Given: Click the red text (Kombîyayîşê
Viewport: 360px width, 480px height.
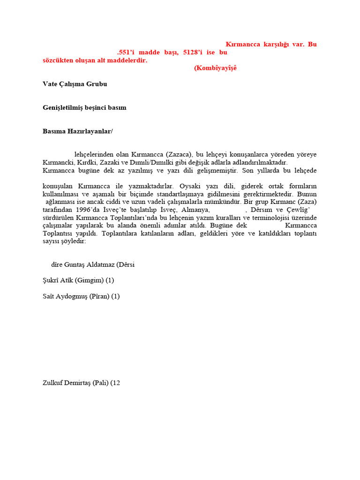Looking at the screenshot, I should [x=215, y=68].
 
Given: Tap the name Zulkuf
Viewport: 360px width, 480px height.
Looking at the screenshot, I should [x=53, y=382].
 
